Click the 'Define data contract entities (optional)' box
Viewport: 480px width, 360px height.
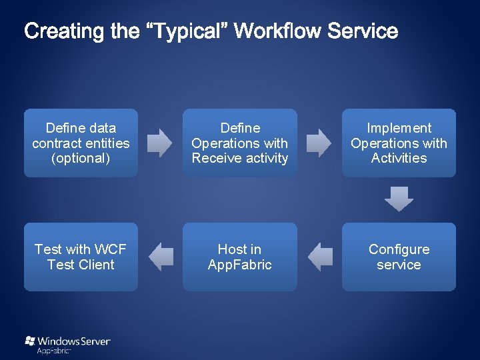tap(81, 143)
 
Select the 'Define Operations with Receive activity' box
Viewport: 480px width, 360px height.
tap(240, 143)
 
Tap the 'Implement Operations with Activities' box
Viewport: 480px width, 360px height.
tap(399, 143)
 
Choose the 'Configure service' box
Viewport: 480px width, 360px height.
tap(399, 257)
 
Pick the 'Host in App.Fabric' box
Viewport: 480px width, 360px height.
tap(240, 257)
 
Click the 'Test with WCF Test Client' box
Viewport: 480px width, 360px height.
tap(81, 257)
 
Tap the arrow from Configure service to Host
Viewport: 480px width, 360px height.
tap(320, 257)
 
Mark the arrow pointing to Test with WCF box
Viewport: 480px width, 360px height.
tap(161, 257)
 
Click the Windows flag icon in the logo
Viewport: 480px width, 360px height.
tap(30, 341)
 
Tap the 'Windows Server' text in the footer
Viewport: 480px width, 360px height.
tap(74, 341)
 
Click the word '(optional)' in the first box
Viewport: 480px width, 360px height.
tap(81, 158)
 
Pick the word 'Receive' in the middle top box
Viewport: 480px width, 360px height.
tap(215, 158)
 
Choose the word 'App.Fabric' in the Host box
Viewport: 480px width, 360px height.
tap(240, 265)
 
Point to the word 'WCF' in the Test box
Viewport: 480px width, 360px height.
tap(111, 249)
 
